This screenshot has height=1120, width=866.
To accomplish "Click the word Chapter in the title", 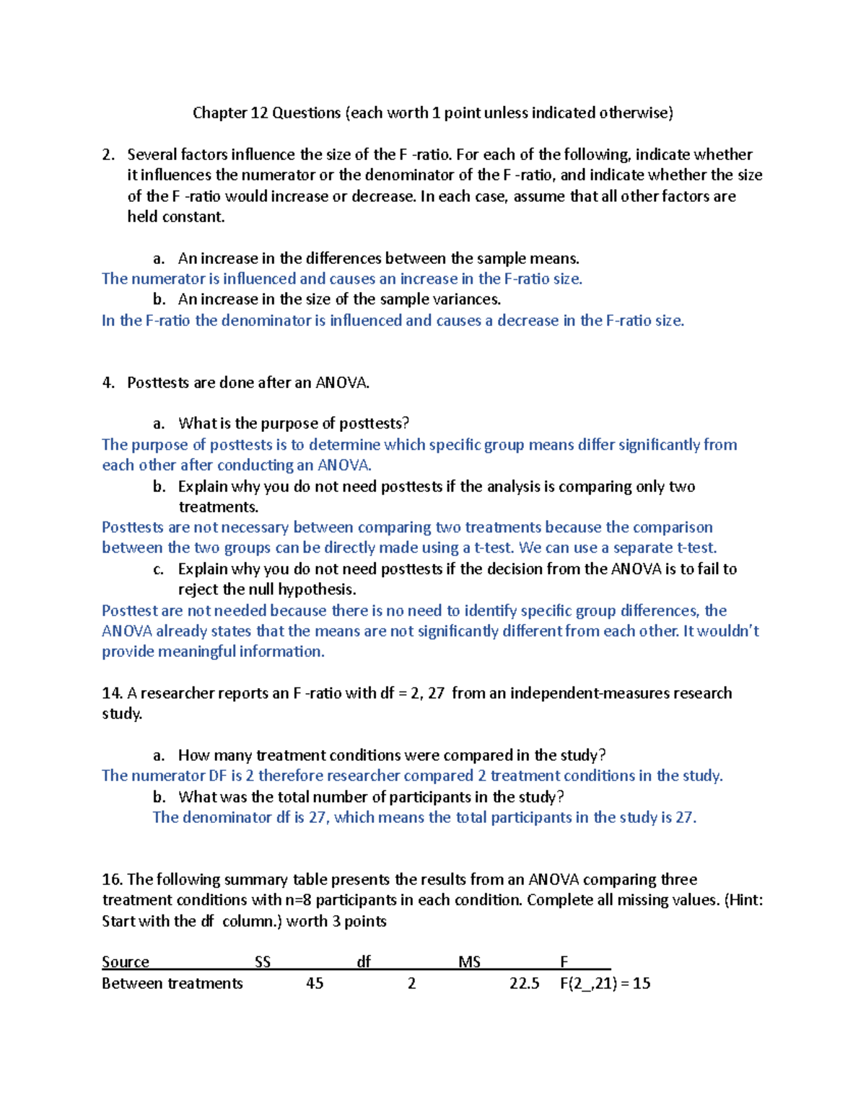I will [x=219, y=113].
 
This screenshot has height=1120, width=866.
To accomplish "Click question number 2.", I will [x=108, y=154].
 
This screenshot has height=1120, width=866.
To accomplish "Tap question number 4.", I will [x=108, y=382].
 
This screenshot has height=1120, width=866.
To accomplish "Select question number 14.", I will [x=112, y=693].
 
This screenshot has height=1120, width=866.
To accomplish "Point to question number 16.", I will [x=112, y=879].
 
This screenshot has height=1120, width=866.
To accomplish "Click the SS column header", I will [x=263, y=961].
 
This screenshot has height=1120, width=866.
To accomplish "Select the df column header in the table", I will [x=364, y=961].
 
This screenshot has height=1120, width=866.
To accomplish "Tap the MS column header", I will [x=469, y=961].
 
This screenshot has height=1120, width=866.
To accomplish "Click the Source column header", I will [x=126, y=961].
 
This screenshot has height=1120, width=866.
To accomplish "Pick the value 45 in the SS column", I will [x=315, y=983].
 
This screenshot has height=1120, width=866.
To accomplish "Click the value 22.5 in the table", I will [x=524, y=983].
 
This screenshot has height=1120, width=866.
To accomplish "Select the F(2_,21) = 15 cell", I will [x=605, y=983].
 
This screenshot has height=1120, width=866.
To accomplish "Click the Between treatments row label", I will [x=172, y=983].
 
